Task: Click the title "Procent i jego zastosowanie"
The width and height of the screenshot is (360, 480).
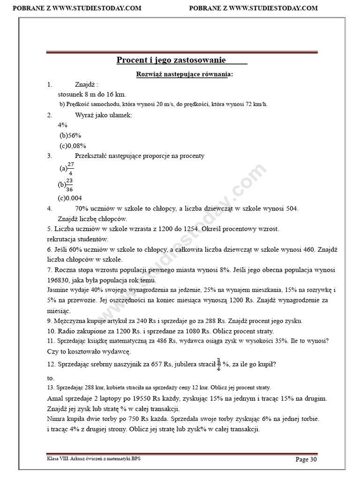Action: pyautogui.click(x=171, y=60)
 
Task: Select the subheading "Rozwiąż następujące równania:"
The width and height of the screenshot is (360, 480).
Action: pyautogui.click(x=184, y=75)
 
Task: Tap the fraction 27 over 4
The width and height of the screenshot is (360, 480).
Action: pyautogui.click(x=71, y=168)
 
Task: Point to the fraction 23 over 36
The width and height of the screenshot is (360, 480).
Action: pyautogui.click(x=69, y=185)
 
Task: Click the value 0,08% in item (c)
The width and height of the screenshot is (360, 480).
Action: pyautogui.click(x=78, y=145)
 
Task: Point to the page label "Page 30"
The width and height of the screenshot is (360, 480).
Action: pyautogui.click(x=309, y=459)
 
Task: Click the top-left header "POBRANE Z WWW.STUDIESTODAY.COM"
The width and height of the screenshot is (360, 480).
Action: pyautogui.click(x=76, y=8)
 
